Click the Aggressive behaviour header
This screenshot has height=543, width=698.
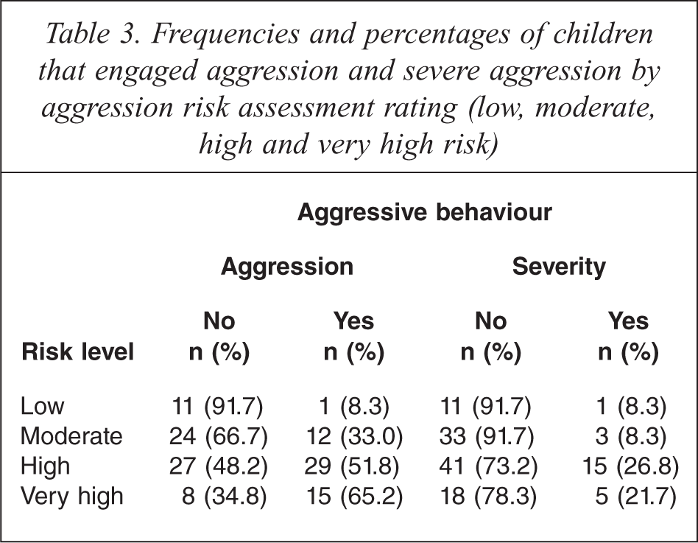[x=424, y=212]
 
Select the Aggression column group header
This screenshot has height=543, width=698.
[x=287, y=267]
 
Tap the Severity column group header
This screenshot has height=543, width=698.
[x=559, y=267]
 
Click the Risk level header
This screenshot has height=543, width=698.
[x=77, y=352]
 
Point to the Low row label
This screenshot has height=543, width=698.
[x=42, y=406]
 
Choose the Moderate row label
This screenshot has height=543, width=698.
[x=71, y=436]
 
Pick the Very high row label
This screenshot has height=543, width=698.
[x=71, y=497]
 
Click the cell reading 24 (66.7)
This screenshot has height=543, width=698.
[x=218, y=437]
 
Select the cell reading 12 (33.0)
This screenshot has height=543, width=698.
[x=354, y=437]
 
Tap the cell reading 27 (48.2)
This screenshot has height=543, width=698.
[x=218, y=466]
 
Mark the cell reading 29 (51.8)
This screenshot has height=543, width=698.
[x=352, y=466]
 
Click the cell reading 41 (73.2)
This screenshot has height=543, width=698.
[x=488, y=466]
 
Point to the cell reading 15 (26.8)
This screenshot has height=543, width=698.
[x=630, y=466]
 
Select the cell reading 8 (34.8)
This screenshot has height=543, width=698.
[x=225, y=497]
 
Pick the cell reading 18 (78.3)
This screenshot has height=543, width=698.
[x=488, y=497]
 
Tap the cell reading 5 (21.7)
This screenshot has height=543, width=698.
[x=635, y=497]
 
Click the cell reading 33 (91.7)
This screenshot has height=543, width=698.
[x=487, y=437]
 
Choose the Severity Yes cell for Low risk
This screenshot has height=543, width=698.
[x=631, y=407]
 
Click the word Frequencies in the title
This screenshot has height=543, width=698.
[x=225, y=35]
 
